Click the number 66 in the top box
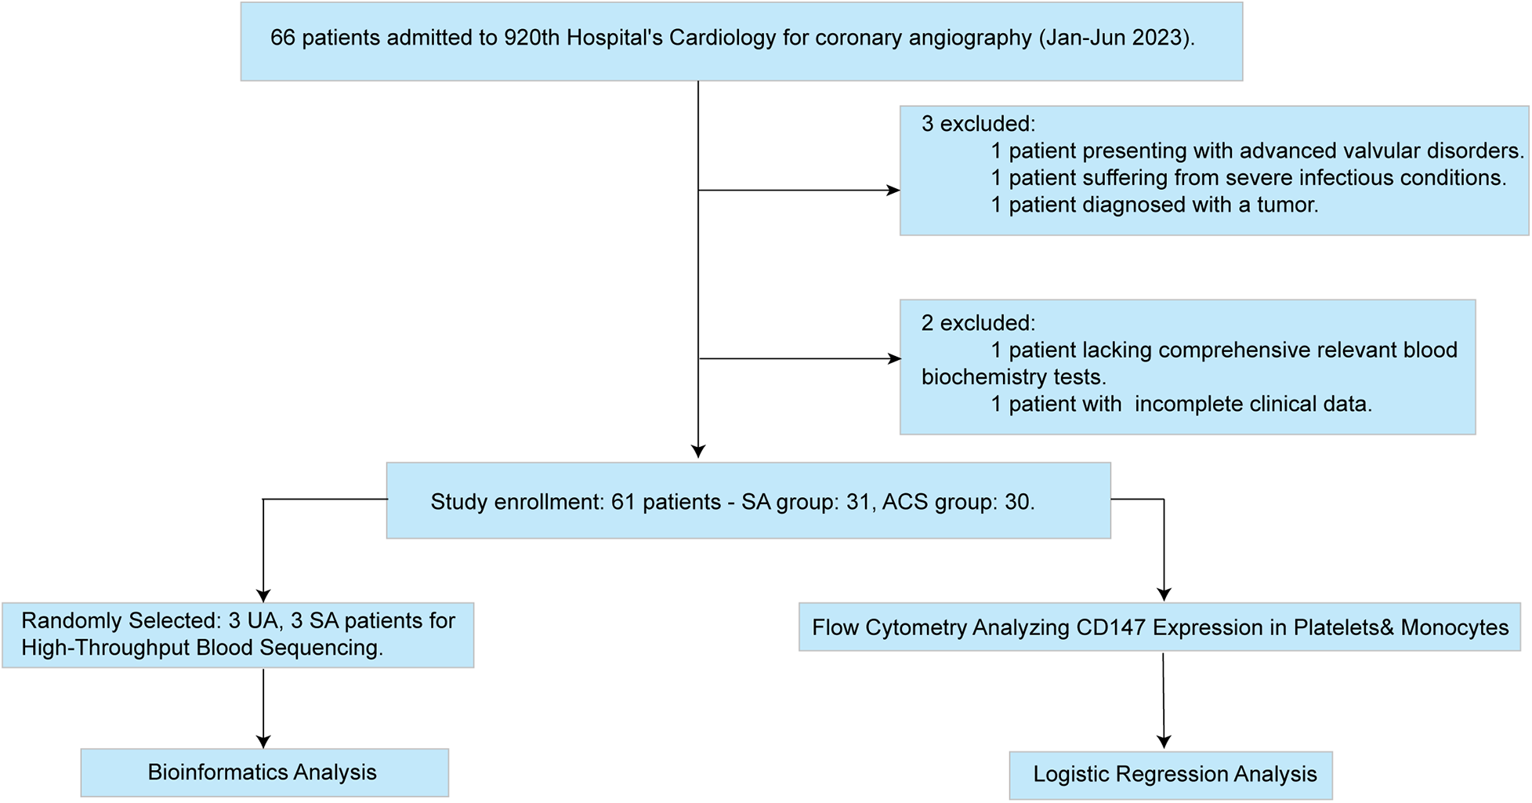coord(282,38)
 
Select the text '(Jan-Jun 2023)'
coord(1116,38)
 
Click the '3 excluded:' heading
coord(978,124)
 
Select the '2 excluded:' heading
coord(978,323)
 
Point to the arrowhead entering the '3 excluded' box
coord(893,190)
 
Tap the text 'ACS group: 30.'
coord(958,502)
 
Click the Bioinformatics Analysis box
coord(264,772)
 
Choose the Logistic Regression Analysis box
coord(1171,775)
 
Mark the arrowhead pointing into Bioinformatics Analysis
coord(263,742)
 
